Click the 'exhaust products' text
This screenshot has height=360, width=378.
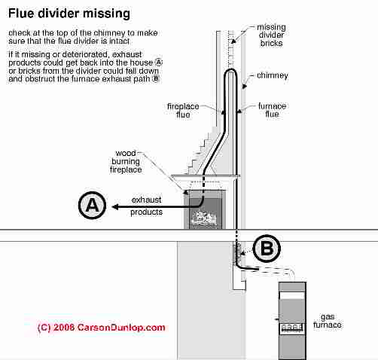(x=147, y=206)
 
